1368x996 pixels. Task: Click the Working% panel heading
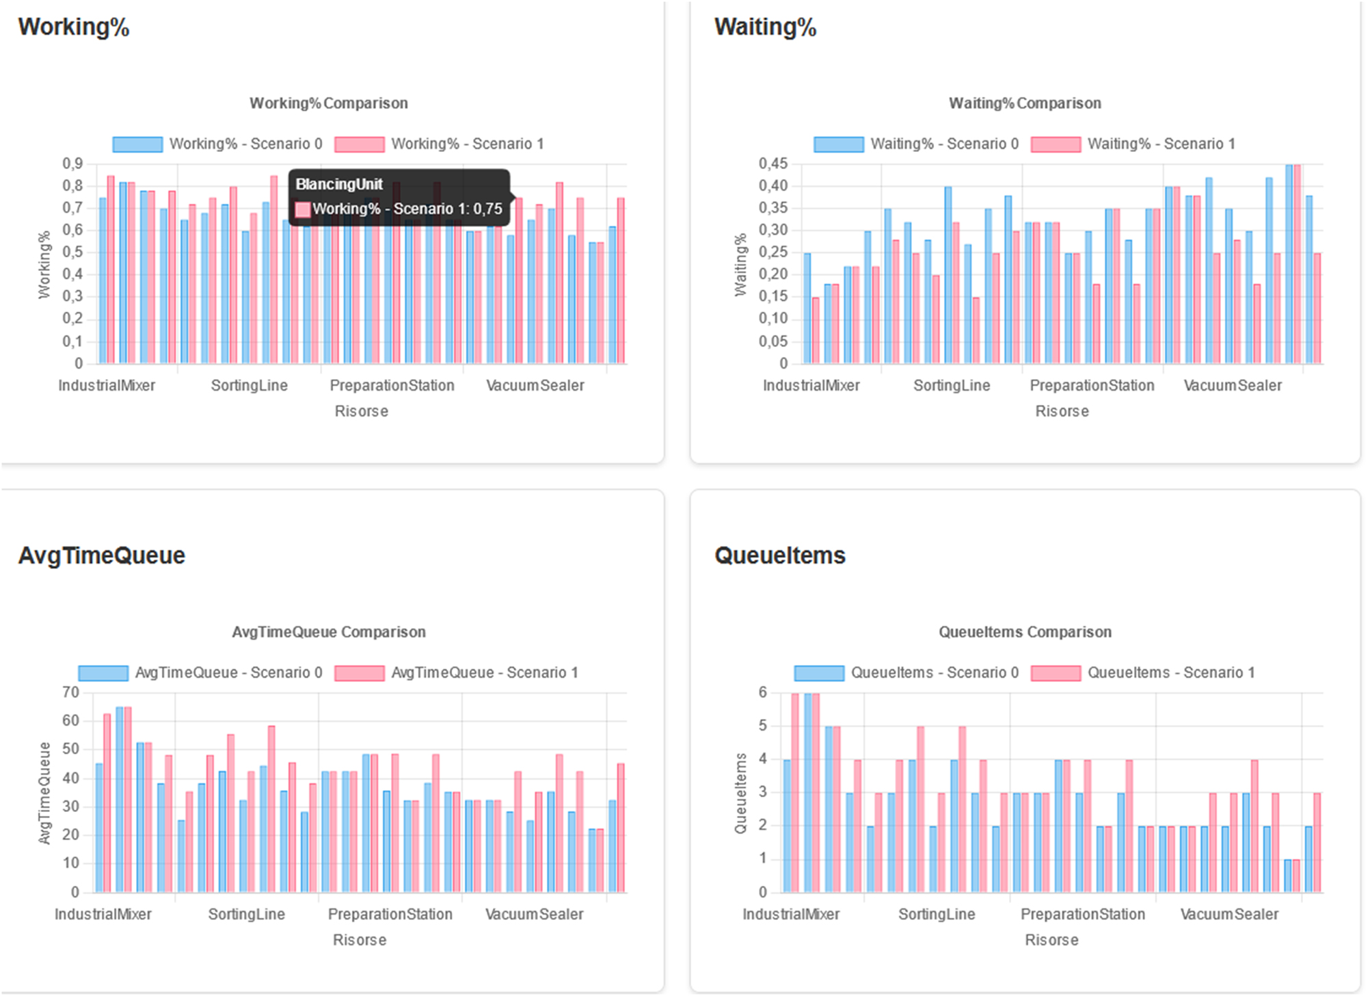tap(74, 27)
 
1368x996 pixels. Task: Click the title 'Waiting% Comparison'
tap(1024, 103)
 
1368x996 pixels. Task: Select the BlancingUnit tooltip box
tap(399, 197)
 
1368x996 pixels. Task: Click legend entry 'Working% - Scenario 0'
tap(217, 144)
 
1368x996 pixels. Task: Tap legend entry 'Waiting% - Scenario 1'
tap(1133, 144)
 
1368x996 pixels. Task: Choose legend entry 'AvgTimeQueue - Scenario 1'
tap(456, 673)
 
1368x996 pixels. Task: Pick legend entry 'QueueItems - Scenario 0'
tap(906, 673)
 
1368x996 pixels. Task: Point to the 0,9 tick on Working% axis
tap(72, 163)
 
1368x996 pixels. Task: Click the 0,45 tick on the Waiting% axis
tap(773, 163)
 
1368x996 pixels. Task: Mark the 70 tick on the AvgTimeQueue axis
tap(70, 692)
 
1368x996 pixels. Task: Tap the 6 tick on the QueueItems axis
tap(763, 692)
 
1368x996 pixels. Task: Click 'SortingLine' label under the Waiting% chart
tap(952, 386)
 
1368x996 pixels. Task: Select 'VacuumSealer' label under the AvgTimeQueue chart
tap(534, 915)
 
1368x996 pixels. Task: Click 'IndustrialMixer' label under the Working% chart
tap(107, 386)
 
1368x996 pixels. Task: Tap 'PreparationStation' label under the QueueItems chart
tap(1082, 915)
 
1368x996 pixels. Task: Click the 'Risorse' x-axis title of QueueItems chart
tap(1051, 941)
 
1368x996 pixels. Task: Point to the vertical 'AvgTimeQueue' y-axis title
tap(44, 794)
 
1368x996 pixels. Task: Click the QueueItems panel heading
tap(779, 555)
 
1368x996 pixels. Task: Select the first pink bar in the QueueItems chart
tap(795, 794)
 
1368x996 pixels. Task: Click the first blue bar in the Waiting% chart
tap(807, 308)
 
